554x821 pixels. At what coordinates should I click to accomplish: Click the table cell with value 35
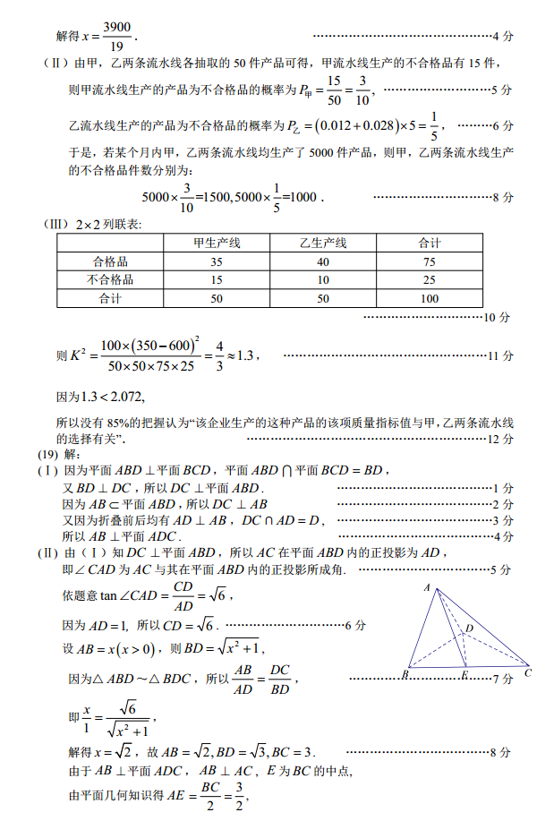pos(217,261)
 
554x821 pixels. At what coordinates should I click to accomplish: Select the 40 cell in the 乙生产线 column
pos(323,261)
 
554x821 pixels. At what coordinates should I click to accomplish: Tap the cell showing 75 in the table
pos(429,261)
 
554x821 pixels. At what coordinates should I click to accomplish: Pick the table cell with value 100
pos(429,298)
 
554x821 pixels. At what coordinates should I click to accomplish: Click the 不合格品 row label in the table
pos(111,279)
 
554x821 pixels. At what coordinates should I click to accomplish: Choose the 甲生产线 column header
pos(217,243)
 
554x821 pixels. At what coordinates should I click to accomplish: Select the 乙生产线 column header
pos(323,243)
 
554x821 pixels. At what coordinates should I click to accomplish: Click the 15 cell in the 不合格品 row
pos(217,279)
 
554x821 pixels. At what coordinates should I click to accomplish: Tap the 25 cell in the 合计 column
pos(429,279)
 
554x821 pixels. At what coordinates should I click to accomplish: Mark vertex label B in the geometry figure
pos(405,673)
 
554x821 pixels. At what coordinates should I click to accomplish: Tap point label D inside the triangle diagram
pos(469,629)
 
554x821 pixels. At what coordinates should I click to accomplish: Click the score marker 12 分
pos(501,439)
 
